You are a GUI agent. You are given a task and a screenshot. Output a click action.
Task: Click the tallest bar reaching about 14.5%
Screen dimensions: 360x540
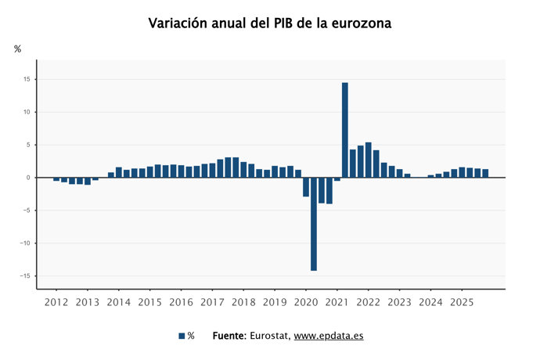345,130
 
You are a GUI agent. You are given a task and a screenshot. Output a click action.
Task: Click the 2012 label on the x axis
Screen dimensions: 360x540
56,301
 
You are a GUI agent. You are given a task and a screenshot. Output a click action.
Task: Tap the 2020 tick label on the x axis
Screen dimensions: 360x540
306,301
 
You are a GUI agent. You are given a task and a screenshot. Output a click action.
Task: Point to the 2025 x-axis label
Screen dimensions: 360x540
462,301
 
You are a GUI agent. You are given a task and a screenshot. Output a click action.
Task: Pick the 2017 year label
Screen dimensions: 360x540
212,301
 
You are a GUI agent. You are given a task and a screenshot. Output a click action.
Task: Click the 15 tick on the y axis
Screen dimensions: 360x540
27,80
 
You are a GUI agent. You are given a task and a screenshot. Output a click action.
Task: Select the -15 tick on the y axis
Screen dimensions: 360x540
25,276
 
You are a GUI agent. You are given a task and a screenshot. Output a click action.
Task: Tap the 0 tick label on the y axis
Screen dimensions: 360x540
28,178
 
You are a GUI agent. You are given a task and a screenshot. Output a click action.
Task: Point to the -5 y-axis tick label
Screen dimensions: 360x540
27,211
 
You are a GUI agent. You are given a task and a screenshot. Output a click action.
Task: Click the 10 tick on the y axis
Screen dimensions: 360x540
27,113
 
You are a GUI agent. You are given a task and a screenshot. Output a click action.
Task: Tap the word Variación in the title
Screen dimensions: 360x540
180,23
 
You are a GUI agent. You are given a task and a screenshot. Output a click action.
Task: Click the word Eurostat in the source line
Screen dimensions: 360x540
269,336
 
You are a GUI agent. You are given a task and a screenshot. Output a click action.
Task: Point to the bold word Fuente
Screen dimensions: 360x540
229,336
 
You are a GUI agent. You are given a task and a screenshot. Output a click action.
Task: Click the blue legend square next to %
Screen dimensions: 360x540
182,336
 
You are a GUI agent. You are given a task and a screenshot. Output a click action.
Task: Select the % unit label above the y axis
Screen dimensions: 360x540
18,49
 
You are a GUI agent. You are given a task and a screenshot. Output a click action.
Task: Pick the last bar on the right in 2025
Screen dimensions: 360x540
485,173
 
